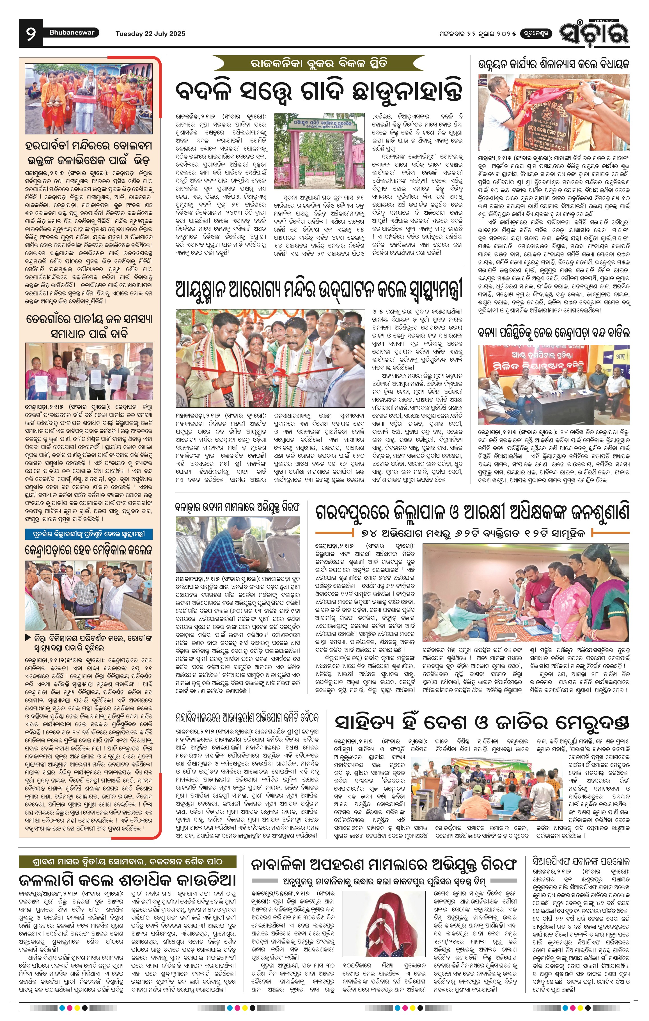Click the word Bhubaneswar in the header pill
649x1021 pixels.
pos(72,33)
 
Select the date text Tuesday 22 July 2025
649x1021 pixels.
pos(150,33)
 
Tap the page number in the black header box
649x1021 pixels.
pos(31,33)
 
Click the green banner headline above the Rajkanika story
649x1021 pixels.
pos(319,64)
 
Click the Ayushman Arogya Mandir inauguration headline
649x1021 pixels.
pos(318,290)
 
